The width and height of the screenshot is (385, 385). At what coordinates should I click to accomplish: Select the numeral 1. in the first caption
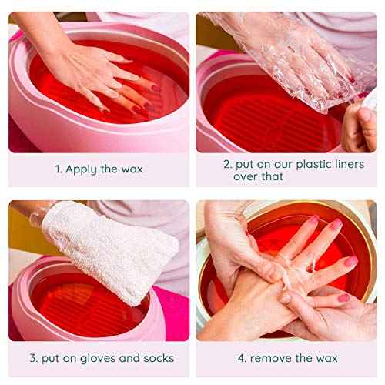(x=58, y=169)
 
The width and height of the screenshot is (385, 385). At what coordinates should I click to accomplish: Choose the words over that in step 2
(x=259, y=176)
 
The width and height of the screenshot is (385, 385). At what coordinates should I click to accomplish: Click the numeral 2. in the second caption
(x=228, y=164)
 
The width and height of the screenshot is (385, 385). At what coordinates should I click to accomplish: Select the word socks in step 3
(x=156, y=358)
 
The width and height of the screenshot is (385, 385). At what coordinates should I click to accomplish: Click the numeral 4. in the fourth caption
(x=241, y=358)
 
